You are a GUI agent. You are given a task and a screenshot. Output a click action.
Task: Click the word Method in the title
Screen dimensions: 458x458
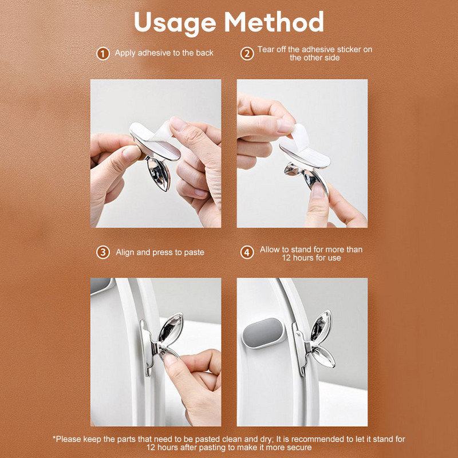point(274,22)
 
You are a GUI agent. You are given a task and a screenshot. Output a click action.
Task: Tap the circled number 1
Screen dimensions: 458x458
point(103,54)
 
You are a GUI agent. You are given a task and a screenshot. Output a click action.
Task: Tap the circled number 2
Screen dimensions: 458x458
point(247,54)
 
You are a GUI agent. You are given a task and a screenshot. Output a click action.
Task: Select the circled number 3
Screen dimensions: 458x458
point(103,252)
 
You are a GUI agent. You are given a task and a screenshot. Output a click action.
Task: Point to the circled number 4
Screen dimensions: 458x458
point(247,252)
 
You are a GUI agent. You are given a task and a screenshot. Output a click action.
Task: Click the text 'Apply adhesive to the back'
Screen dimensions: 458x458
point(164,53)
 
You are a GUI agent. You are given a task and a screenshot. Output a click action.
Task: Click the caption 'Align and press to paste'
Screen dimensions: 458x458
point(160,252)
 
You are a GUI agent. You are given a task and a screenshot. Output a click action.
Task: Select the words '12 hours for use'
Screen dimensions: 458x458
point(311,258)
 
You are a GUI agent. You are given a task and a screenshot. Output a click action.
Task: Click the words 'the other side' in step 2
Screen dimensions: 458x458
point(314,58)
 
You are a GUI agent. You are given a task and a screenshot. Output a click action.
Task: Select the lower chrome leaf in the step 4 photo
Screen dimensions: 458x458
point(323,357)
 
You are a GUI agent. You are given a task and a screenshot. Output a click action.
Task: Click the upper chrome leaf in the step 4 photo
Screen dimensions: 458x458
point(321,325)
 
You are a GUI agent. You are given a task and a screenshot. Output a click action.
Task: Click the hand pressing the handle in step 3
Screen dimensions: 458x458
point(194,385)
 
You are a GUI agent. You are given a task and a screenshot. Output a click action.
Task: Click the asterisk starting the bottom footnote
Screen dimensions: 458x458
point(54,437)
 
